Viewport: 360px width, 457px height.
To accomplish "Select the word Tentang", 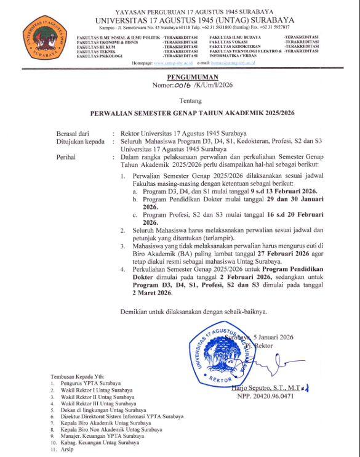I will coord(180,102).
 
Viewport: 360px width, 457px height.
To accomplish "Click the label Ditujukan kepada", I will coord(81,141).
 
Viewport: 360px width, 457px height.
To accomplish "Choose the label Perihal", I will coord(66,157).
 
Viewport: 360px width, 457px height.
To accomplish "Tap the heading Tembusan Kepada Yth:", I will coord(76,378).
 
